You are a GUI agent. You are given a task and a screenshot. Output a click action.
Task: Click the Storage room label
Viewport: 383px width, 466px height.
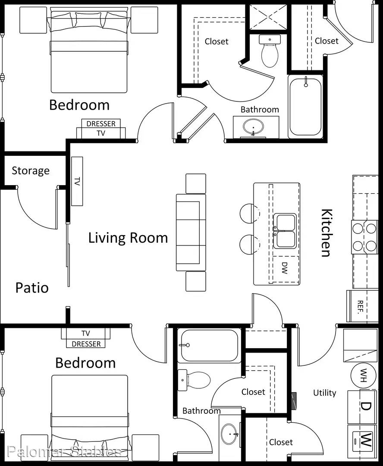coord(31,171)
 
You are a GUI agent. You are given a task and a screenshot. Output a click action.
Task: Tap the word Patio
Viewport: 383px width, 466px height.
coord(32,288)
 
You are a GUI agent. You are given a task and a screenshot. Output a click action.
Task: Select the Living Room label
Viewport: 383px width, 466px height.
coord(128,238)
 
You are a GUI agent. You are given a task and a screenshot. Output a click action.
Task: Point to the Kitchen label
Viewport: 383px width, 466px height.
coord(326,233)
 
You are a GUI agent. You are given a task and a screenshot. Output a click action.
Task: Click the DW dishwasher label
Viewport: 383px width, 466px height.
coord(285,268)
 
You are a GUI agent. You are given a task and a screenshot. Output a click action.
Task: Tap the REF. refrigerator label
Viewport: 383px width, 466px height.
coord(360,307)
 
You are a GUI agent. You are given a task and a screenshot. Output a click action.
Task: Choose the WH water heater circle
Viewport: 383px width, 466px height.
coord(364,375)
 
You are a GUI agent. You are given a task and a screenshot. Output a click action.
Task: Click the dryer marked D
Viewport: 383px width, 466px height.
coord(363,407)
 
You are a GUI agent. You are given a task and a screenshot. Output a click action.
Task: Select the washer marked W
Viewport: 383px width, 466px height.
coord(363,441)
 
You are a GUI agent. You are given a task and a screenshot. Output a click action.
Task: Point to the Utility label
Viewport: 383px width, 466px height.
coord(325,393)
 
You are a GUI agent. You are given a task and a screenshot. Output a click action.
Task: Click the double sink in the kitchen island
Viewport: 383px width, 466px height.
coord(285,231)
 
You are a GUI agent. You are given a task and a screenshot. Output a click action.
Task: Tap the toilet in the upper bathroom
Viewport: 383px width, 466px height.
coord(270,50)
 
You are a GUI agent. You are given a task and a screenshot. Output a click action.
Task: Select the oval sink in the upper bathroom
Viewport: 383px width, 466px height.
coord(253,127)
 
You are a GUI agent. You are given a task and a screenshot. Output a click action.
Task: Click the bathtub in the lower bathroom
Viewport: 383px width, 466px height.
coord(209,345)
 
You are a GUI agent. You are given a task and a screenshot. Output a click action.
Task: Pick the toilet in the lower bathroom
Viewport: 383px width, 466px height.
coord(194,380)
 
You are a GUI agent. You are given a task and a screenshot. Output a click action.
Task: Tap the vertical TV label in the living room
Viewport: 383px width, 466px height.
coord(77,181)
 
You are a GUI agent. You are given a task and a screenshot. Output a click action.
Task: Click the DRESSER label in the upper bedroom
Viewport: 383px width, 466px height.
coord(101,124)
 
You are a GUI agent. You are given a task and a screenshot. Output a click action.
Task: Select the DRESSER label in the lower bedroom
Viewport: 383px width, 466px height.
coord(86,344)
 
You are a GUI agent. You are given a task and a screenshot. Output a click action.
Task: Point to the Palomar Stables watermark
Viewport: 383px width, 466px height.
coord(64,451)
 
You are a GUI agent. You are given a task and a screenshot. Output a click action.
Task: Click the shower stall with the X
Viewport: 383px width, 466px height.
coord(268,17)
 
